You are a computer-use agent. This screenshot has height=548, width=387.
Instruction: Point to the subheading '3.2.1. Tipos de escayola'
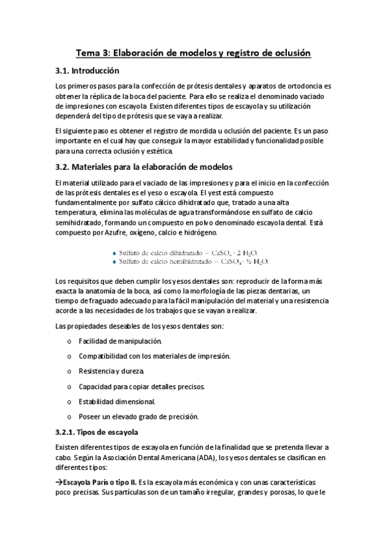point(97,431)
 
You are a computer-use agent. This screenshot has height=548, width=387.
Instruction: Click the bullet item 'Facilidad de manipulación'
point(120,340)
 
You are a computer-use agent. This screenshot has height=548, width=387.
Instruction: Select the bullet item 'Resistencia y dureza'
point(112,371)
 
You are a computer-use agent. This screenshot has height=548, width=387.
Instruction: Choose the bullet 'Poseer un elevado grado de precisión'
point(138,416)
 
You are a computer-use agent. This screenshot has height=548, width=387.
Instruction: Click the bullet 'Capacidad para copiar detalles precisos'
point(141,386)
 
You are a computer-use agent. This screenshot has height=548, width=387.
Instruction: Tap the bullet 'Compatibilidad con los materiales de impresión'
point(154,355)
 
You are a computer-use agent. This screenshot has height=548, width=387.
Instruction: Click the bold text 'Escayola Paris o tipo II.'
point(99,483)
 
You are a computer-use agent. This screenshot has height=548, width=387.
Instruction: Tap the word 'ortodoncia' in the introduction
point(306,86)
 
